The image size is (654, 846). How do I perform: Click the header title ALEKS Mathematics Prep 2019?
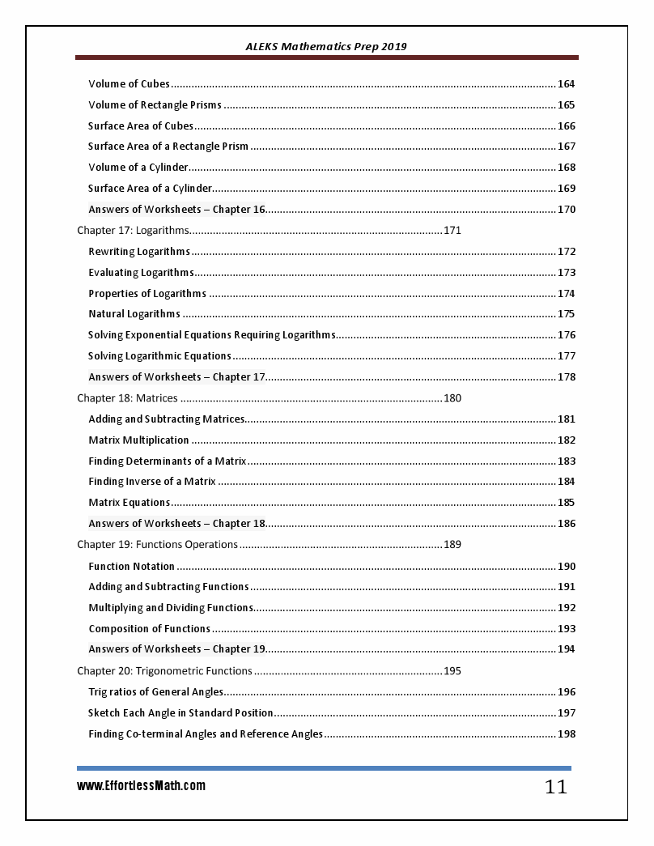(x=326, y=46)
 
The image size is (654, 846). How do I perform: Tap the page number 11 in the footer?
(x=555, y=787)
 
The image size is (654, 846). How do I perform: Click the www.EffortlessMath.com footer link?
(x=141, y=785)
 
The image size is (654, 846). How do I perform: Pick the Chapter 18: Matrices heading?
(x=127, y=398)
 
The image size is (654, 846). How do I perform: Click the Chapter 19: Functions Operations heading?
(x=157, y=544)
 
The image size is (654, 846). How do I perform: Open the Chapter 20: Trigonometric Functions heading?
(x=164, y=670)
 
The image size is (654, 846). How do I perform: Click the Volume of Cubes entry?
(x=129, y=84)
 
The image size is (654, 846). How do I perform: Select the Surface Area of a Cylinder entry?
(x=150, y=189)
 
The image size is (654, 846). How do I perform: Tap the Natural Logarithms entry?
(x=134, y=314)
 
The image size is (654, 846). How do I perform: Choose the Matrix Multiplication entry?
(x=138, y=440)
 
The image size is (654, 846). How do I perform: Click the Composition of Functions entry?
(x=149, y=629)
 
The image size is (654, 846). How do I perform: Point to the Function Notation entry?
(x=131, y=567)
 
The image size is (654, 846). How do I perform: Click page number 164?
(x=567, y=84)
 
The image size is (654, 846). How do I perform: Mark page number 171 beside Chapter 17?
(x=452, y=231)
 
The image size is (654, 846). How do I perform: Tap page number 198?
(x=567, y=734)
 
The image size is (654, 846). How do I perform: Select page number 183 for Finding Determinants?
(x=567, y=461)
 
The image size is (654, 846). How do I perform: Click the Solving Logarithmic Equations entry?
(x=159, y=356)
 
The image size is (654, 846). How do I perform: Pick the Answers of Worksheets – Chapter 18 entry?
(x=176, y=524)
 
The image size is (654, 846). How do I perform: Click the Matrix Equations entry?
(x=129, y=503)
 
